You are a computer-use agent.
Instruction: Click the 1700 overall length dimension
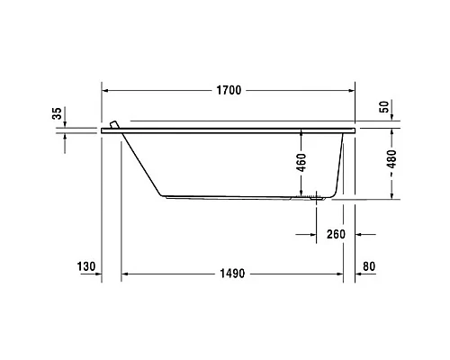228,91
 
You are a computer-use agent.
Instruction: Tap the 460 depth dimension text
301,163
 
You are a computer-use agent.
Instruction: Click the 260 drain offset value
336,234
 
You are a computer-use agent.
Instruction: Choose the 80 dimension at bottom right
371,266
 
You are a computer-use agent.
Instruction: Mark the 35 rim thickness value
58,113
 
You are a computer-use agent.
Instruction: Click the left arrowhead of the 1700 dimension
105,91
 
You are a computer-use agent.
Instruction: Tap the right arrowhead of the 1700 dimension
351,91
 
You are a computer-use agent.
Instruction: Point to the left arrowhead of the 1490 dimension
126,273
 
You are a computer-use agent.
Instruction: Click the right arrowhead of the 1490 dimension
344,273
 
